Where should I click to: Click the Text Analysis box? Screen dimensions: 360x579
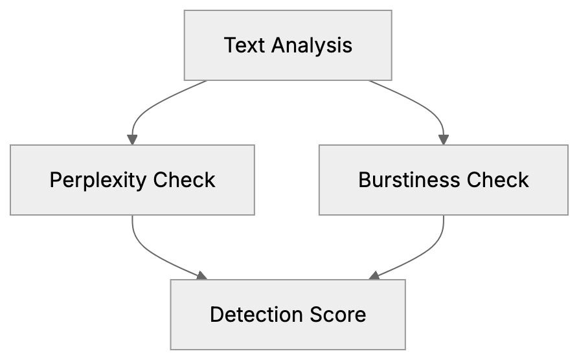pyautogui.click(x=288, y=45)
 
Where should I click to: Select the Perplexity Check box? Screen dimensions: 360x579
pyautogui.click(x=132, y=179)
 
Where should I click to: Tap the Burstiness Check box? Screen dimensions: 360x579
pyautogui.click(x=444, y=179)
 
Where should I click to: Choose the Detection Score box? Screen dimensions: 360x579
pyautogui.click(x=288, y=315)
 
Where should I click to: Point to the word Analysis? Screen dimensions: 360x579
pyautogui.click(x=312, y=45)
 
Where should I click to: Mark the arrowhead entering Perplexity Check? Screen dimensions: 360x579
pyautogui.click(x=132, y=139)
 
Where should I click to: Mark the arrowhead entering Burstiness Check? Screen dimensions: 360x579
pyautogui.click(x=444, y=139)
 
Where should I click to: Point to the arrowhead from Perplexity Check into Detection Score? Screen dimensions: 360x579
pyautogui.click(x=202, y=276)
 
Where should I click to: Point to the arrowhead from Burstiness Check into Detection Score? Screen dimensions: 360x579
pyautogui.click(x=374, y=276)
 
